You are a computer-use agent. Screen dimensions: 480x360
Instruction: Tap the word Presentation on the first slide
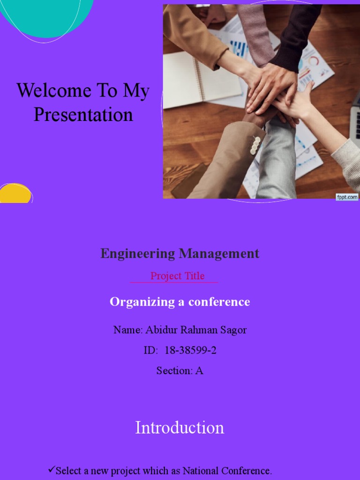83,115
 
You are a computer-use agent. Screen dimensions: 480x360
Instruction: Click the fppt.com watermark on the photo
347,197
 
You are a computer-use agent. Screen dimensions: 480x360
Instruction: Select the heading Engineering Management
180,254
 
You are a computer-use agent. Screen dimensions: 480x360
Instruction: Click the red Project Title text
177,276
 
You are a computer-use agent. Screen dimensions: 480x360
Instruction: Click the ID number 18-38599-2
190,350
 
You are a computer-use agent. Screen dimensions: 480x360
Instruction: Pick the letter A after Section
199,370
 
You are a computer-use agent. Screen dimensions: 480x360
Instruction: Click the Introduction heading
180,427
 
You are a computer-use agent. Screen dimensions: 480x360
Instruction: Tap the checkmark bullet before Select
52,469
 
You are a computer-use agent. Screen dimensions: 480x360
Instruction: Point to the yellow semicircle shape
15,194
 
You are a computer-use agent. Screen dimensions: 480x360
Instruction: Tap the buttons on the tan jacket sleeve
255,145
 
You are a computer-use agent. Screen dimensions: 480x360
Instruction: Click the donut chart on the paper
313,61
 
